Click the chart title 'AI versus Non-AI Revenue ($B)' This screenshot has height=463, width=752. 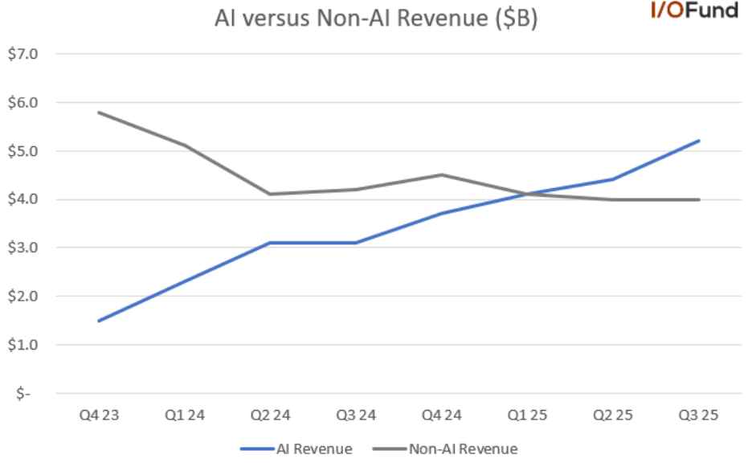click(x=375, y=18)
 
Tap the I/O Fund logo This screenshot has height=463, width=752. click(x=694, y=11)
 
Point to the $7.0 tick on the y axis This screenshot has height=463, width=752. click(x=27, y=54)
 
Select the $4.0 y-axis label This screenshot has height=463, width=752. click(x=27, y=199)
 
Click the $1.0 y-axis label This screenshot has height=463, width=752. click(x=27, y=344)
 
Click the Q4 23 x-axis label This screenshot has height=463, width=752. click(x=98, y=416)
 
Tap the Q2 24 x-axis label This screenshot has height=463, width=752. click(x=270, y=416)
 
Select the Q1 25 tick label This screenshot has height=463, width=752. click(x=527, y=416)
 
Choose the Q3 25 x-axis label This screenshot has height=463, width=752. click(x=698, y=416)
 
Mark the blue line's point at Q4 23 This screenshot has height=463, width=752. click(x=98, y=321)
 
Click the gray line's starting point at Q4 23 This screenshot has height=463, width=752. click(x=98, y=112)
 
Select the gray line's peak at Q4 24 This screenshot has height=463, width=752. click(x=441, y=174)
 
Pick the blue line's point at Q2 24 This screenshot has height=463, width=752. click(x=270, y=243)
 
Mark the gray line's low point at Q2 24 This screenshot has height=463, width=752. click(x=270, y=194)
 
